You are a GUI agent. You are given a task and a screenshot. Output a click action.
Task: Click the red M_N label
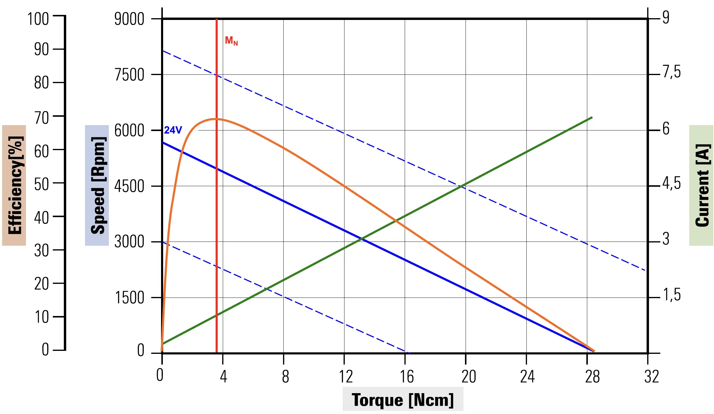(231, 41)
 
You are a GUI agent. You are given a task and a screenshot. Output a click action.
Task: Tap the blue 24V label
(173, 130)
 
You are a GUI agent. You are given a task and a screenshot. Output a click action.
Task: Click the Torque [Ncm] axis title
(403, 400)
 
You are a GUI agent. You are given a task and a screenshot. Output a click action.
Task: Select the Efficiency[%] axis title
(14, 185)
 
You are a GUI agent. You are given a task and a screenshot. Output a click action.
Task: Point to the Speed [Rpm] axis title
(97, 185)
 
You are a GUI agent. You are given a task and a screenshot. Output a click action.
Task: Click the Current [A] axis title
(702, 185)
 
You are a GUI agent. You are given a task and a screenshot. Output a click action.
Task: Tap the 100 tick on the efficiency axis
(38, 19)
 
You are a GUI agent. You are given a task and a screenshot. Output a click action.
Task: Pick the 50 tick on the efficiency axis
(41, 184)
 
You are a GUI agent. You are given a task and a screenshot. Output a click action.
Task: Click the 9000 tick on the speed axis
(129, 19)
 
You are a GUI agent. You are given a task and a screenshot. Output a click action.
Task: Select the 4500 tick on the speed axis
(129, 186)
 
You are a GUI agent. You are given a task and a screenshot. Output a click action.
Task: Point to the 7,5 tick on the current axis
(672, 72)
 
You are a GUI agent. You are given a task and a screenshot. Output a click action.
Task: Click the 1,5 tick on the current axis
(672, 295)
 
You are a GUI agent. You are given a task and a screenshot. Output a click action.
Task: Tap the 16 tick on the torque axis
(407, 377)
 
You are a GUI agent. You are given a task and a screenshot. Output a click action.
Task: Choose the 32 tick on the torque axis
(652, 377)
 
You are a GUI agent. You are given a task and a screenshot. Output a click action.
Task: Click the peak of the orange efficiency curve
(215, 119)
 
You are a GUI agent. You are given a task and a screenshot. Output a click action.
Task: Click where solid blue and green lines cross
(362, 239)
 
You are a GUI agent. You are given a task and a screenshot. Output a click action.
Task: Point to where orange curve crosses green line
(396, 221)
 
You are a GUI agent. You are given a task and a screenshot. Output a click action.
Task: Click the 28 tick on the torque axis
(592, 377)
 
